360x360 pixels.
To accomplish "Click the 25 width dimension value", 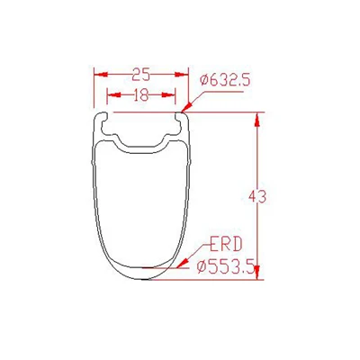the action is pos(141,75).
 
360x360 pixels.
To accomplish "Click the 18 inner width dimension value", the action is pos(140,95).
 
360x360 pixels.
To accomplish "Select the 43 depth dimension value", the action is pos(257,197).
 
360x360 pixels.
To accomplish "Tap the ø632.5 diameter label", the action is pos(225,80).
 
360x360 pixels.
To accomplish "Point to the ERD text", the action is pos(226,245).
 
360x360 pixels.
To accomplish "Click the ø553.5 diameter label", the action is pos(226,266).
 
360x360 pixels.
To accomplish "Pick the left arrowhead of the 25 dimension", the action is pos(101,75).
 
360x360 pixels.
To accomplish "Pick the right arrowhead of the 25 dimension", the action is pos(182,75).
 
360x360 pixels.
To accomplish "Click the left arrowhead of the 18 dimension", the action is pos(113,95).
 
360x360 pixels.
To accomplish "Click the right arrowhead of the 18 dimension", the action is pos(168,95).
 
